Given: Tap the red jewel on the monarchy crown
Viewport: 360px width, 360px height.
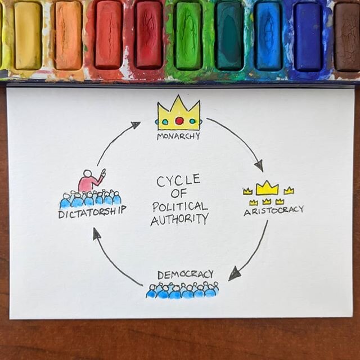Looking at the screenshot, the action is tap(179, 120).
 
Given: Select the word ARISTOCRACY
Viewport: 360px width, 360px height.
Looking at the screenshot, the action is tap(273, 210).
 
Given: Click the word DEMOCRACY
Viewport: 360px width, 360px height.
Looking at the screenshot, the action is tap(185, 274).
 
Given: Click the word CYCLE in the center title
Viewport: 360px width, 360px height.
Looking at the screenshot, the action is tap(178, 181).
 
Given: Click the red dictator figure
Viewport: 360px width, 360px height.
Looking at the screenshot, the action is tap(89, 181).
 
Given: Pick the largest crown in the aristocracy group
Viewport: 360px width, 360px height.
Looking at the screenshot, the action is tap(267, 188).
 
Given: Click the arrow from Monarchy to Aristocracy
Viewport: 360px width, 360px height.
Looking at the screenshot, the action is tap(236, 141).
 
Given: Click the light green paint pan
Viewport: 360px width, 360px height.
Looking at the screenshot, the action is tap(188, 35).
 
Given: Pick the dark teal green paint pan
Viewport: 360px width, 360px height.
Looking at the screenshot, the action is tap(229, 35).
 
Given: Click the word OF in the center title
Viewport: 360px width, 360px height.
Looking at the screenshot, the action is tap(179, 193).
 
